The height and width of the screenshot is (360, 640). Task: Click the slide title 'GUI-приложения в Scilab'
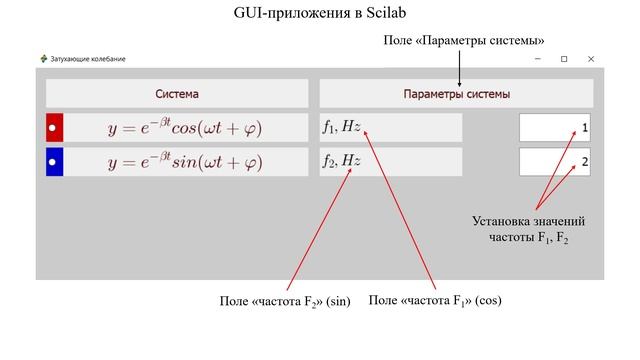320,13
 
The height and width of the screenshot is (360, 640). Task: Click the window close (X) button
591,59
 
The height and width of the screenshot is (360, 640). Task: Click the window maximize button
564,59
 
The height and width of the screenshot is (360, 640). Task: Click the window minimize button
536,59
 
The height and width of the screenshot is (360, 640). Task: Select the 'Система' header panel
177,94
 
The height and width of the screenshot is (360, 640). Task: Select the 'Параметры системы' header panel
456,94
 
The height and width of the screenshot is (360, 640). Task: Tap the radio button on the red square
54,129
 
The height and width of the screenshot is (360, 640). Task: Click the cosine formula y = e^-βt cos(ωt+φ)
185,129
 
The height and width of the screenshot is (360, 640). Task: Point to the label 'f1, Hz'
341,127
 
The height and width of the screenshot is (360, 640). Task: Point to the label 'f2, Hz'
341,160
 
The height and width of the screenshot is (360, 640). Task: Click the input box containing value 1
555,129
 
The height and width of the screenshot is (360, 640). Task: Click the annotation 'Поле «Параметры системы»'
464,40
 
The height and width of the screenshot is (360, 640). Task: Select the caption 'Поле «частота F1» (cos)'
435,300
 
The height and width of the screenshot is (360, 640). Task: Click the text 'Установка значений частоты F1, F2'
528,229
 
